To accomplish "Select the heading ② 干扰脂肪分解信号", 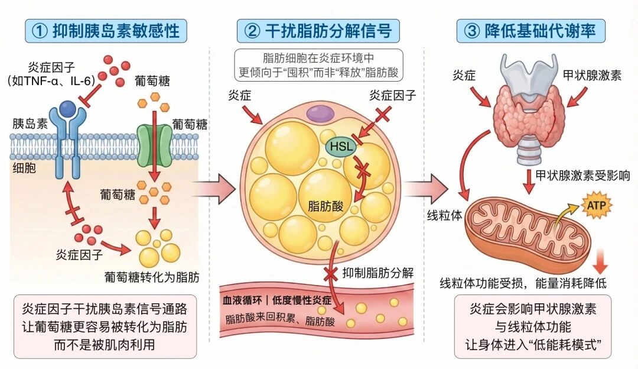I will tap(318, 30).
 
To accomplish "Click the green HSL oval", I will tap(339, 145).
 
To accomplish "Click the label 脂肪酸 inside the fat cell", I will tap(323, 206).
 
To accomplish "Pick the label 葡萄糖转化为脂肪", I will tap(152, 276).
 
